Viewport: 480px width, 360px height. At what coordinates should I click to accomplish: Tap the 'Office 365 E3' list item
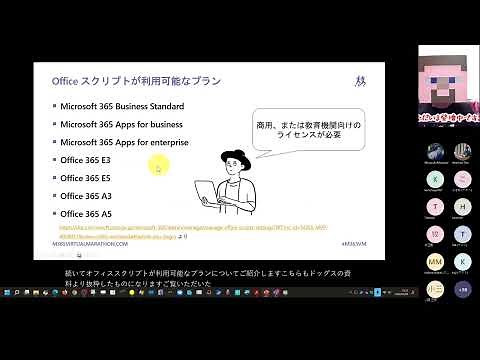[x=85, y=160]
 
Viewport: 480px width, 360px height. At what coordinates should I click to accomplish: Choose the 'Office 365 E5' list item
[x=85, y=178]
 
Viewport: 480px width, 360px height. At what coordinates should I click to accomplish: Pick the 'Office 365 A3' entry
[x=85, y=196]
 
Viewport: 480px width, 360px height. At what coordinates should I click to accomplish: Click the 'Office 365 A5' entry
[x=85, y=214]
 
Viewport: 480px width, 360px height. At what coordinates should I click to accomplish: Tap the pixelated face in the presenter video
[x=441, y=74]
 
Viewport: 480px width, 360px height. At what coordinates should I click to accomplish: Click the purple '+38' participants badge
[x=462, y=288]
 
